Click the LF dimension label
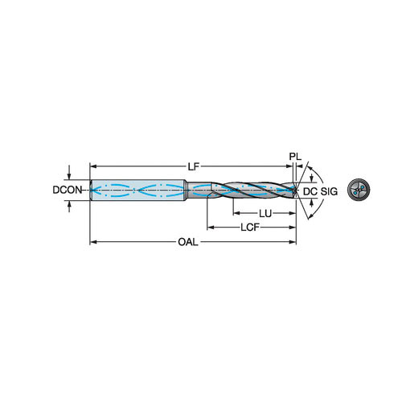pos(194,166)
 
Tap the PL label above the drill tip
pos(295,157)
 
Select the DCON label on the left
pos(67,190)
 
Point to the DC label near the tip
pos(310,191)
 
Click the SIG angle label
pos(329,191)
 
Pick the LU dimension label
pos(265,214)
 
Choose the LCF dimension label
pos(250,228)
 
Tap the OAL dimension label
pos(188,242)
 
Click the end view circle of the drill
pos(359,190)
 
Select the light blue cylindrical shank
pos(138,190)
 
